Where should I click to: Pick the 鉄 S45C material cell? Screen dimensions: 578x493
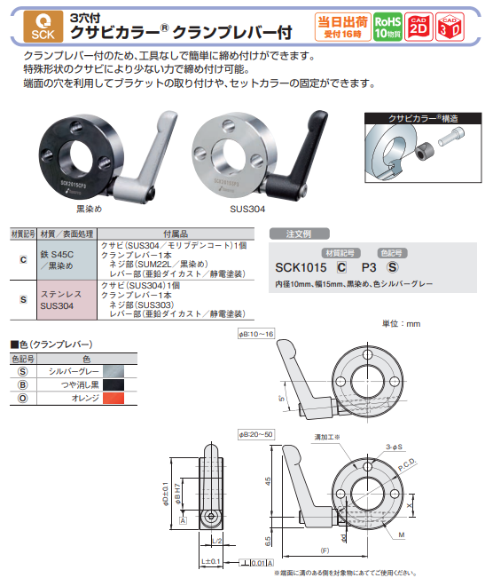coord(56,258)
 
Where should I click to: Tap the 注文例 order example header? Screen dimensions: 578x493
coord(296,235)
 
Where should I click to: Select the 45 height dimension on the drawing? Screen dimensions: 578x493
coord(266,484)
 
